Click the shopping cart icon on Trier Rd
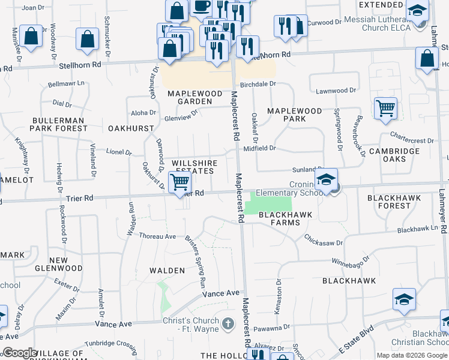click(x=180, y=182)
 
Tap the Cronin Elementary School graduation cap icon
click(x=326, y=179)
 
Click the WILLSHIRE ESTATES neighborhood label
click(x=193, y=167)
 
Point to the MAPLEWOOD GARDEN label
click(x=190, y=98)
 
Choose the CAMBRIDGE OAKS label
click(x=394, y=155)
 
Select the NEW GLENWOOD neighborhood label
click(x=58, y=263)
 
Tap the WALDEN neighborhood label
click(x=167, y=271)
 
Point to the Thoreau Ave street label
click(x=157, y=236)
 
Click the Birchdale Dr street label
click(x=258, y=85)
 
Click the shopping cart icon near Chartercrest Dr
click(x=385, y=109)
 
